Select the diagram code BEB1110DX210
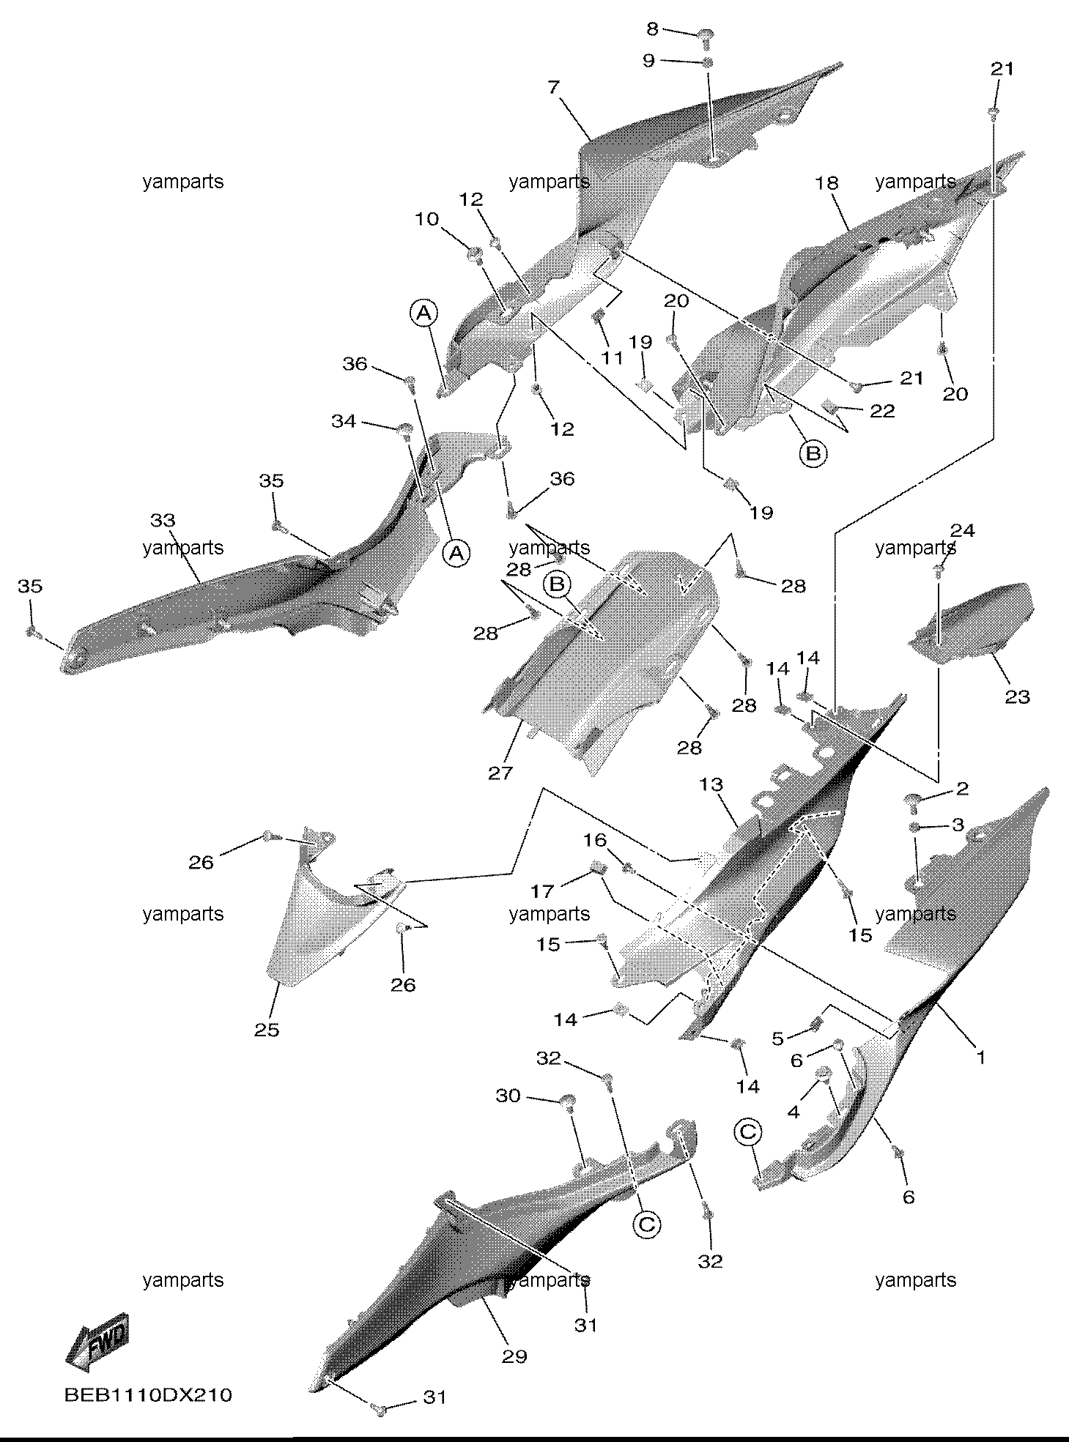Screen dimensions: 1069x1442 coord(148,1394)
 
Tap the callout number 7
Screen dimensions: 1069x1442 coord(553,87)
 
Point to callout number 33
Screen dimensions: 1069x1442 coord(163,520)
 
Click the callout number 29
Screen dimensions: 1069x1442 coord(514,1356)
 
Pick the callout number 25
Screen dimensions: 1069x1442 coord(267,1029)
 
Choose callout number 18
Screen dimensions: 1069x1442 coord(827,182)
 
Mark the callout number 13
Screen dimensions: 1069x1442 coord(711,784)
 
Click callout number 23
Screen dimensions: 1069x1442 coord(1017,696)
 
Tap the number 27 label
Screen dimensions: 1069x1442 coord(501,772)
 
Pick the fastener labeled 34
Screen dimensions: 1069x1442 coord(403,428)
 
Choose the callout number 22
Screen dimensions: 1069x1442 coord(882,411)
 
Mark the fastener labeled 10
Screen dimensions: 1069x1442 coord(475,254)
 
